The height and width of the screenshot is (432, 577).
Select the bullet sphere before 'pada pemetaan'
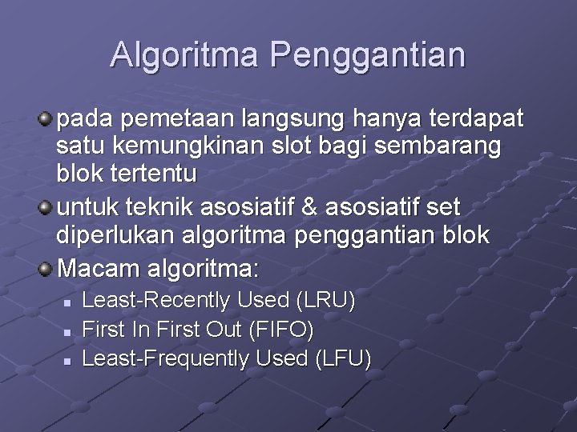tap(46, 119)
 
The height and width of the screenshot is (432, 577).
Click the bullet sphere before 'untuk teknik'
tap(46, 208)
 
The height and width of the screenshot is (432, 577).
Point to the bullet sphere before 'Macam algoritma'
tap(46, 266)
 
